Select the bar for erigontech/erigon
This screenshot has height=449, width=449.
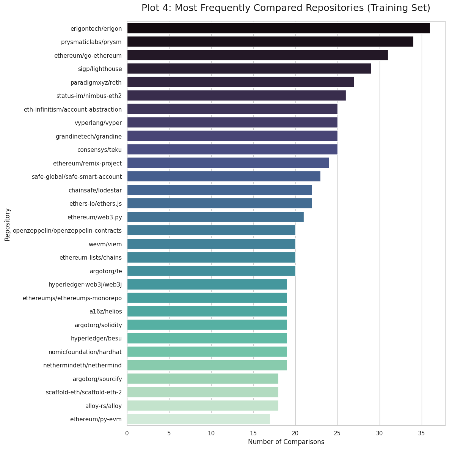pos(278,28)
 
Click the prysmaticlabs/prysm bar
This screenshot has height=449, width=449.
pos(270,42)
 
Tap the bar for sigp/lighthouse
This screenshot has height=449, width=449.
pos(249,69)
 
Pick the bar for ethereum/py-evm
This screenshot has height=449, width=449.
pos(198,419)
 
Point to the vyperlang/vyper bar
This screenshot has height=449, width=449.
pos(232,123)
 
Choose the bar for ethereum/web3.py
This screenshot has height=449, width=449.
pos(215,217)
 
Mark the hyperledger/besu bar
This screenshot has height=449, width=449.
pos(207,338)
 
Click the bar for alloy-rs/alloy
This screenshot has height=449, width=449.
pos(203,405)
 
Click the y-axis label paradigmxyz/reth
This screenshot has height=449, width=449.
pos(96,82)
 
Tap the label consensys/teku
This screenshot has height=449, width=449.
pos(99,150)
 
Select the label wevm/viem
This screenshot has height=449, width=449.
pos(105,244)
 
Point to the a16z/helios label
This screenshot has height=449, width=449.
pos(106,311)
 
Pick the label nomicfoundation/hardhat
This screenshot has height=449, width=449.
pos(85,352)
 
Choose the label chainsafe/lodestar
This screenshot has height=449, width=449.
pos(95,190)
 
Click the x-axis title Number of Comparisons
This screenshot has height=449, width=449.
pos(286,442)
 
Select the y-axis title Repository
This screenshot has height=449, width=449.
pos(7,224)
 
